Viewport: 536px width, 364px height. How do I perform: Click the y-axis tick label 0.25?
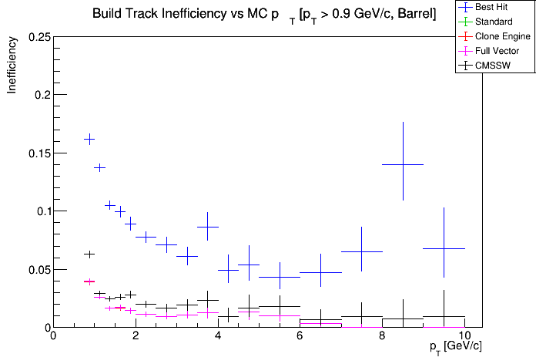[38, 37]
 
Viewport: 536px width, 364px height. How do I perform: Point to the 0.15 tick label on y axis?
[38, 153]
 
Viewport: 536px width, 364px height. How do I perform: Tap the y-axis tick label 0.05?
[38, 269]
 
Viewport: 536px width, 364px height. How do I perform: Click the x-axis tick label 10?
[465, 335]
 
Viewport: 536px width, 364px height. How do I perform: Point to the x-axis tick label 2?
[136, 335]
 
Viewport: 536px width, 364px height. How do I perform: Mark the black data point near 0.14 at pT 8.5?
[404, 164]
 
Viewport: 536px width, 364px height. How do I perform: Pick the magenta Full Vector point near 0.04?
[89, 281]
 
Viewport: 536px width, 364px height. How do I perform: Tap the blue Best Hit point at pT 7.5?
[362, 251]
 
